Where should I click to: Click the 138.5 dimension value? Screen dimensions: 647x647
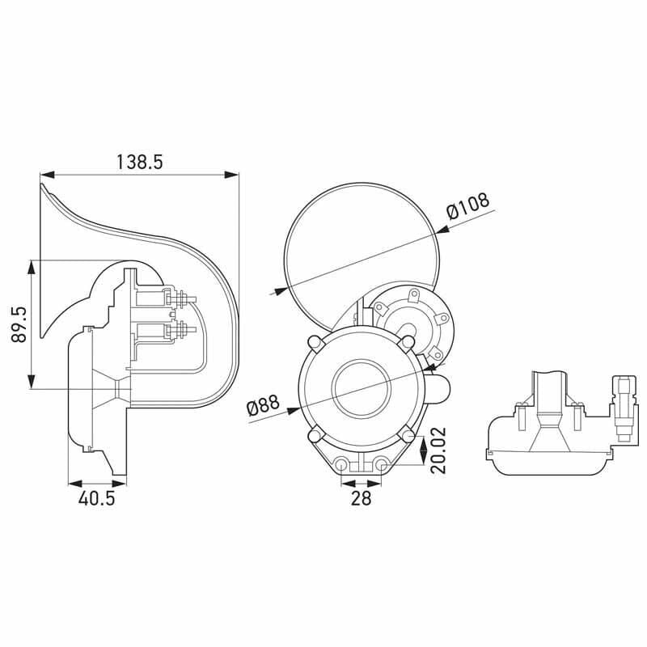tap(139, 161)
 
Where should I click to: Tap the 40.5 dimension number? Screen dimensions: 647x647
tap(96, 498)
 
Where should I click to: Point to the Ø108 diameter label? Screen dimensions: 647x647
tap(468, 206)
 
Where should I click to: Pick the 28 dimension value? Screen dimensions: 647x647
tap(361, 498)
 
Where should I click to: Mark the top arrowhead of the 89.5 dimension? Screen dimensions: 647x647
tap(32, 266)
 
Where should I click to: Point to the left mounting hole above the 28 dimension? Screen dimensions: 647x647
tap(344, 465)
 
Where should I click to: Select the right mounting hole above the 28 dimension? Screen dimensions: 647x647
tap(379, 465)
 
